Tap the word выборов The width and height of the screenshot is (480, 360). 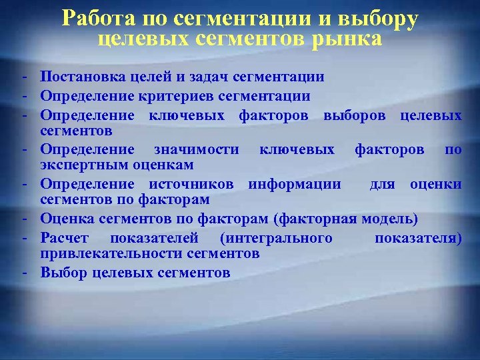point(357,115)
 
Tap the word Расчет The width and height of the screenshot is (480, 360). point(65,237)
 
